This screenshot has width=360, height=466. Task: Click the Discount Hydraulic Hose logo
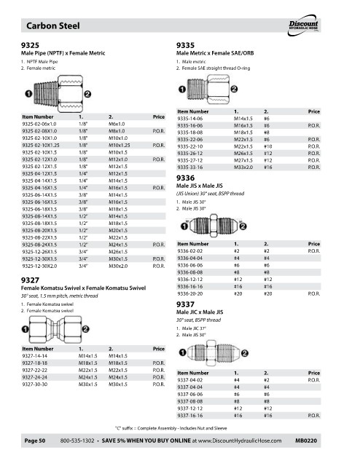(303, 25)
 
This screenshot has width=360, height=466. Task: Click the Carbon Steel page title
(53, 26)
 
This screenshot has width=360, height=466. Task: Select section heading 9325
(30, 45)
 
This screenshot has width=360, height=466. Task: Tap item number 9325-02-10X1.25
(41, 146)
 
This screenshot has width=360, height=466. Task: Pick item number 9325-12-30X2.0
(39, 266)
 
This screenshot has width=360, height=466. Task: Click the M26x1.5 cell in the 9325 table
(118, 252)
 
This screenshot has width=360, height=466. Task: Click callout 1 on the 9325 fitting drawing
(28, 94)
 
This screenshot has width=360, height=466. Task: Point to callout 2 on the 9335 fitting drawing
(234, 89)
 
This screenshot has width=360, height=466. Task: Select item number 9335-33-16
(189, 167)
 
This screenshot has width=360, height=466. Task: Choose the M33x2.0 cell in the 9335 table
(243, 167)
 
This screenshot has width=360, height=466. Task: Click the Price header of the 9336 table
(314, 244)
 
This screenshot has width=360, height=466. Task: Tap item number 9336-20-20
(189, 293)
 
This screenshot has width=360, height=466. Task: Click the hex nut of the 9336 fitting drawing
(214, 226)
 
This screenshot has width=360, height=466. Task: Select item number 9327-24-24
(34, 377)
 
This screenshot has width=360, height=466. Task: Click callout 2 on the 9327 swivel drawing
(85, 329)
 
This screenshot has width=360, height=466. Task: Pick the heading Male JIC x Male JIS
(200, 312)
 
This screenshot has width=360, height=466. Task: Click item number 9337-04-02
(189, 380)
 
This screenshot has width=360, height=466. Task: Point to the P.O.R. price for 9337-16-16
(314, 416)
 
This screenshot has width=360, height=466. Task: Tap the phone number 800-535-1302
(77, 441)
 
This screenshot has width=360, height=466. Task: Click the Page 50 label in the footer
(35, 441)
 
